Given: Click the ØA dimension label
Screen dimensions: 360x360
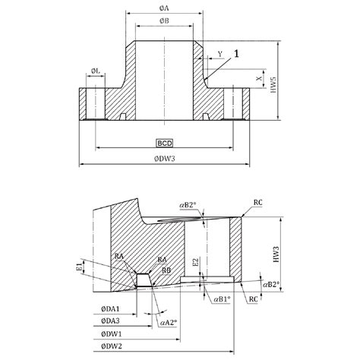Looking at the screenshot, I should (165, 7).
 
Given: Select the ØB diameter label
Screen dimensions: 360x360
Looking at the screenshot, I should (165, 21).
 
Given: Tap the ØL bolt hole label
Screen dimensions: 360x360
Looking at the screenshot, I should (96, 71).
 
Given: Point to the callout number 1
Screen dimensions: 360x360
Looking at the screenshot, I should (238, 53).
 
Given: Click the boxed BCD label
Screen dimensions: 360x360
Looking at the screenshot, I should (165, 142).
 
